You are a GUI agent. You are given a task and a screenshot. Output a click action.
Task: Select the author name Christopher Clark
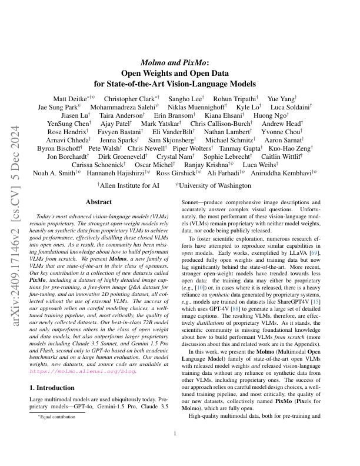coord(129,99)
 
